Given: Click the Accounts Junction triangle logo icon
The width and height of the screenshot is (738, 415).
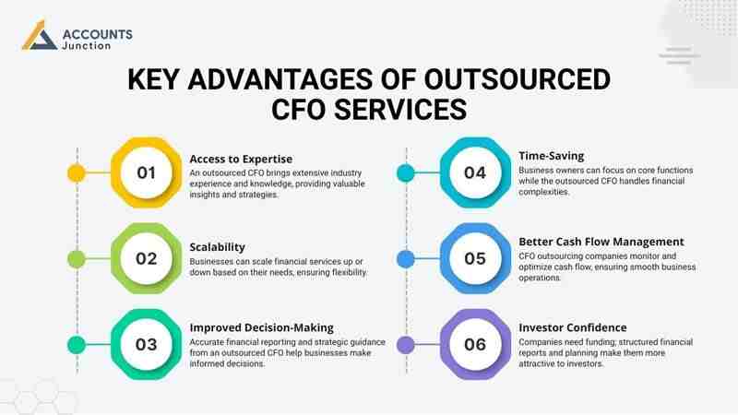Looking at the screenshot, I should (x=38, y=38).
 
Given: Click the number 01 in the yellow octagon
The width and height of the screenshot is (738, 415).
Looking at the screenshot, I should (x=147, y=172).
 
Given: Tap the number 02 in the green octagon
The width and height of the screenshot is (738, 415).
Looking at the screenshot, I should (x=147, y=258).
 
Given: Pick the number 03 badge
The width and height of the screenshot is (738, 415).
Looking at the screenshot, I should (x=147, y=345).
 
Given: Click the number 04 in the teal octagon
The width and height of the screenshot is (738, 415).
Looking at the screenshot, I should (x=475, y=172).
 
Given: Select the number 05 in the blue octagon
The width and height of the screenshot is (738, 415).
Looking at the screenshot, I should (x=475, y=258).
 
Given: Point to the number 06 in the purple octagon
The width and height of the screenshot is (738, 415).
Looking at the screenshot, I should (x=475, y=345).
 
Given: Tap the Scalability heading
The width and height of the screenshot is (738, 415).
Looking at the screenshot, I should (x=218, y=247).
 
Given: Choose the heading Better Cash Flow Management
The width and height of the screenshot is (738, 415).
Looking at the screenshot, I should (x=601, y=242).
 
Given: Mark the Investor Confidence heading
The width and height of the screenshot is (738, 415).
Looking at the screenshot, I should (x=573, y=327).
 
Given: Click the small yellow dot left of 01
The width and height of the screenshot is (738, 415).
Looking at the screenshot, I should (x=76, y=172).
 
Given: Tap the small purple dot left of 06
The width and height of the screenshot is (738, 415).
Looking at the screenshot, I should (x=404, y=345).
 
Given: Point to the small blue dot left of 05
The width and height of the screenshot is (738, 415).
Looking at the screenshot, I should (x=404, y=258).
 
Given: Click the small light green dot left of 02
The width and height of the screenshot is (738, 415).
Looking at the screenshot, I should (x=76, y=258).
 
